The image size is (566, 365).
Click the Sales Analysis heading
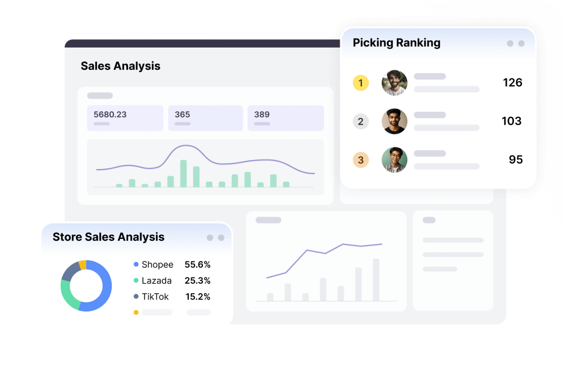(x=120, y=66)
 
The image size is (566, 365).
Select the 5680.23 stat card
(x=125, y=118)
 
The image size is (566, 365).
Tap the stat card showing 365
(x=205, y=118)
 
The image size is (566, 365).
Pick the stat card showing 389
(x=286, y=118)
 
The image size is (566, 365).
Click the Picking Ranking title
(x=396, y=43)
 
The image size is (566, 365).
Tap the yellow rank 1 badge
(x=361, y=83)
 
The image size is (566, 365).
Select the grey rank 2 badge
(x=361, y=121)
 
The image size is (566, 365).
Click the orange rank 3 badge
(x=361, y=160)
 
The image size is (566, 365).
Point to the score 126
(x=512, y=83)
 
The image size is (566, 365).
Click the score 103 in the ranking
(x=511, y=121)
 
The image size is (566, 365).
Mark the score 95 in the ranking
(x=515, y=160)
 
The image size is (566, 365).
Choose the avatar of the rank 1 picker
(x=394, y=83)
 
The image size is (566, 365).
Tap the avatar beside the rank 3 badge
(x=394, y=160)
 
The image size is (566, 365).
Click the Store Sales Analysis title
(x=109, y=237)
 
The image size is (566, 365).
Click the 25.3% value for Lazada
(x=197, y=280)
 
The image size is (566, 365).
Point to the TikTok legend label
(x=155, y=296)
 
